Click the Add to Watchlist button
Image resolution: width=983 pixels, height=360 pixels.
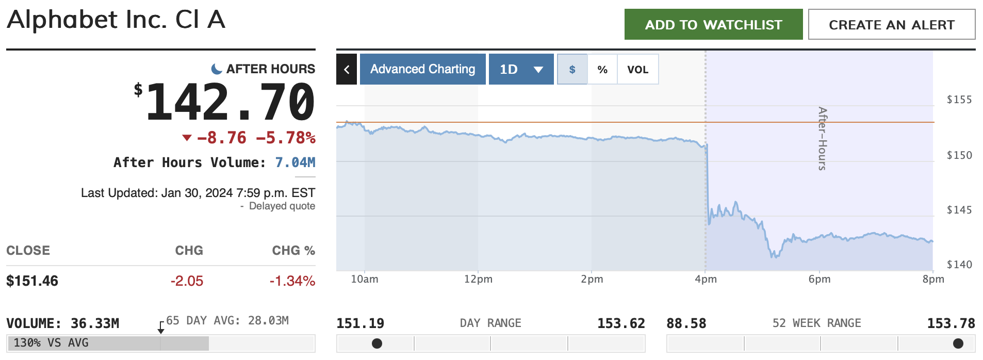(713, 24)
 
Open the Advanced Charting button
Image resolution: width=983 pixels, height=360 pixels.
(422, 69)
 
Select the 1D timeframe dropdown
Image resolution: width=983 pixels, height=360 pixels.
(521, 69)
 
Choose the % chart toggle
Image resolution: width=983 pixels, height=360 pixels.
(602, 70)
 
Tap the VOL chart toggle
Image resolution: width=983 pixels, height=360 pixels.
(637, 70)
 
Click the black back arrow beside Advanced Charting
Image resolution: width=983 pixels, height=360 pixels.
(347, 69)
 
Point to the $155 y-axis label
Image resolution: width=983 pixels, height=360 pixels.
(959, 100)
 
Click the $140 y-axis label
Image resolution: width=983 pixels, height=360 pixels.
(959, 265)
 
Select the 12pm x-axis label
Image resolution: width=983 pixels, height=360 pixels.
(478, 279)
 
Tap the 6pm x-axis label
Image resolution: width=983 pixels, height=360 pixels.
(820, 279)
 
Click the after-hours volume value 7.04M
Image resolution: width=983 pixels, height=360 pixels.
(295, 162)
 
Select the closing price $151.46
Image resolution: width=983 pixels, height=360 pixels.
(32, 281)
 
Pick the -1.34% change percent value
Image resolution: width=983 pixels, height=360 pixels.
(292, 281)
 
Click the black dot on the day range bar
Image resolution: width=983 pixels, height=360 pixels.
(377, 343)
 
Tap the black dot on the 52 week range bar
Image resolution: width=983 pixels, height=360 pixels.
(958, 343)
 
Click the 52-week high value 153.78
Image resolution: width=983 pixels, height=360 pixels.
(951, 323)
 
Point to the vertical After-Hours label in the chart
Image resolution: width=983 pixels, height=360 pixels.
(822, 138)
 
